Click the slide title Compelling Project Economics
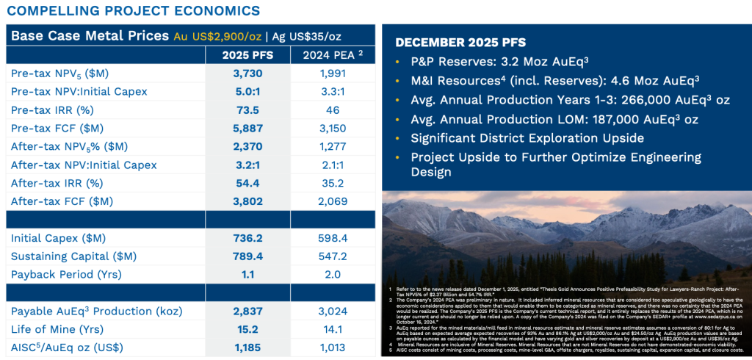click(133, 10)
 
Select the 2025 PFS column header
click(247, 55)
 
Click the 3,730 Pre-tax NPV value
click(247, 73)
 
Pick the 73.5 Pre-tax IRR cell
click(247, 110)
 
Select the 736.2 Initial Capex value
click(247, 238)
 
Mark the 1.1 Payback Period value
click(247, 274)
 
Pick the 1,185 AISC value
click(247, 347)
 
